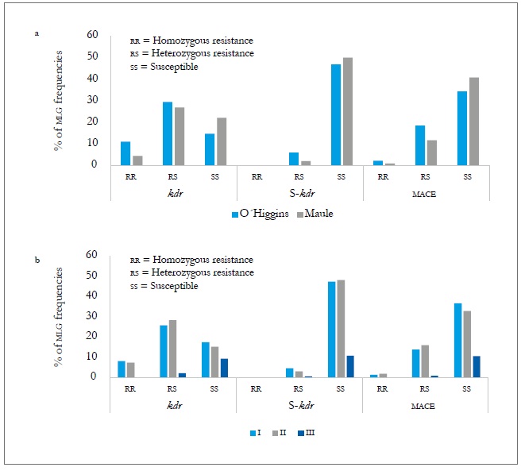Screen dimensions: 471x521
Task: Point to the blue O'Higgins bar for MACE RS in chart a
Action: pyautogui.click(x=420, y=145)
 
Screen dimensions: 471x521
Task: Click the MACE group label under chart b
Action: pyautogui.click(x=426, y=405)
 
